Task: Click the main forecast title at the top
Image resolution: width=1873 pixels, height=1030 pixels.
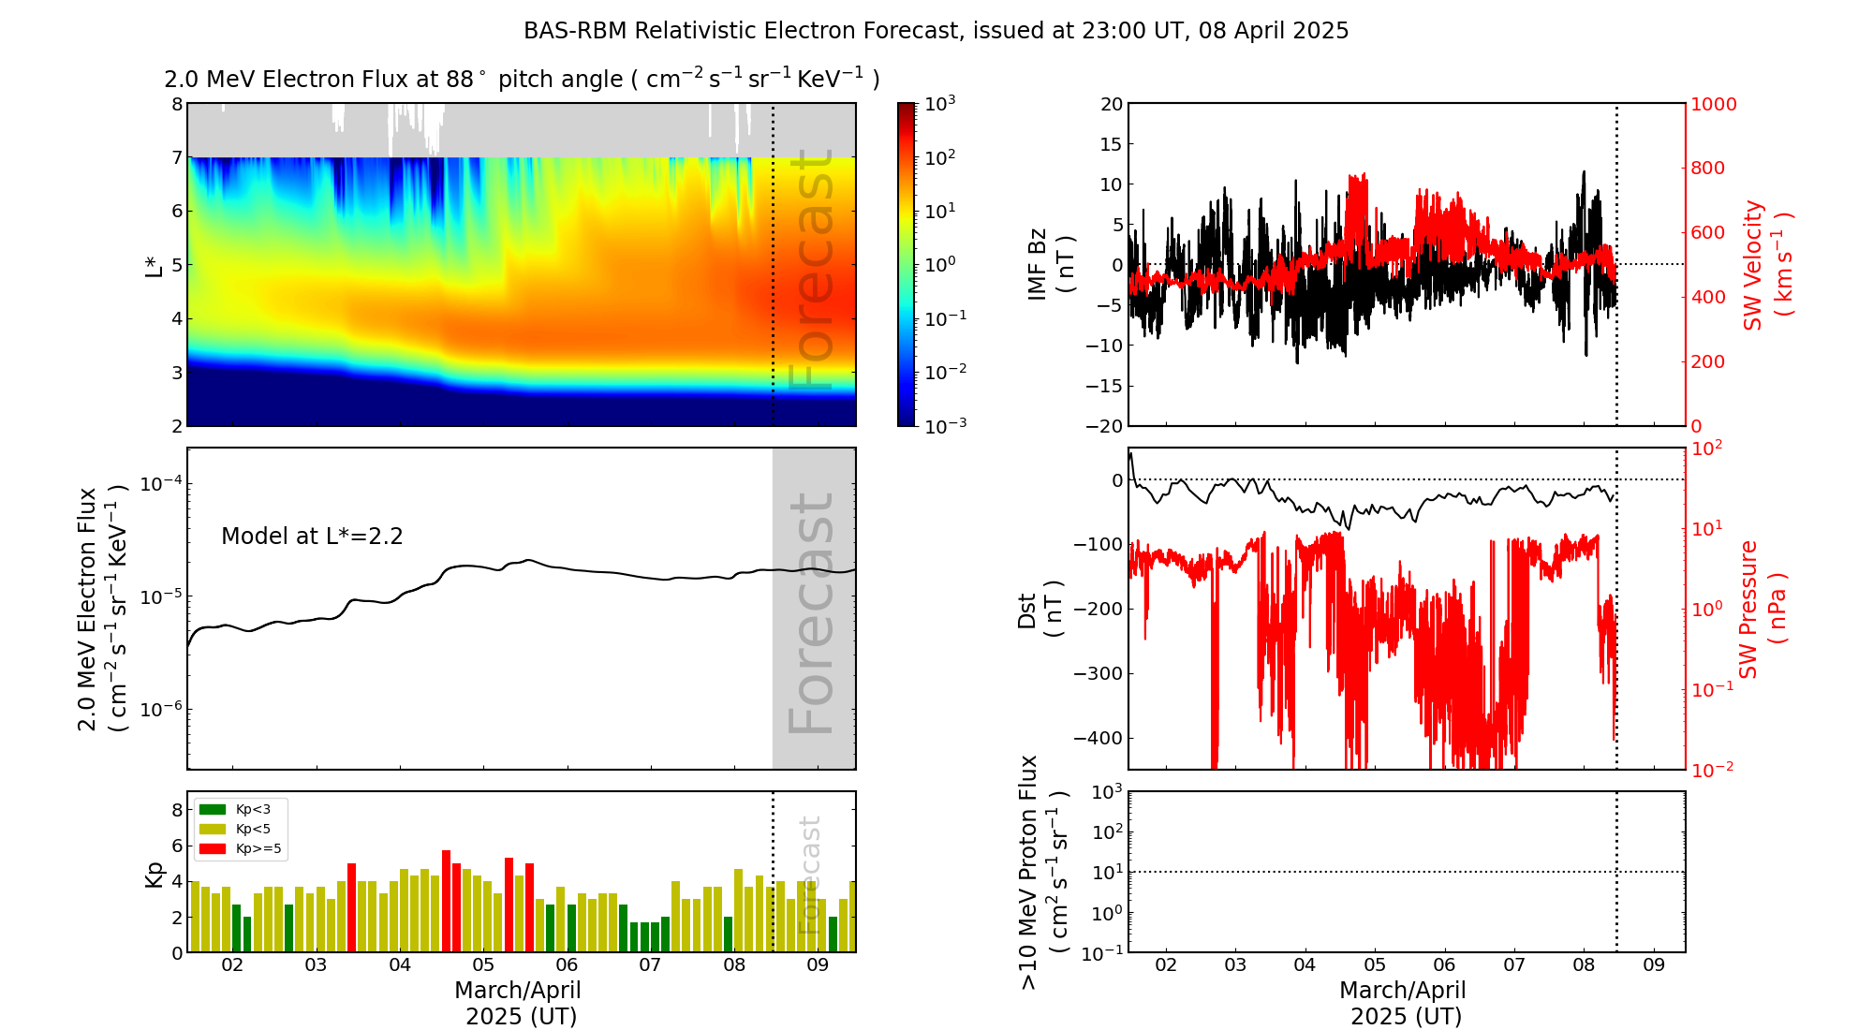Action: pyautogui.click(x=936, y=31)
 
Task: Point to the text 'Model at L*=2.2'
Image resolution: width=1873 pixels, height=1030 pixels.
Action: pyautogui.click(x=312, y=537)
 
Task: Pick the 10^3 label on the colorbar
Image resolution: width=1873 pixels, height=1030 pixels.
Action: pyautogui.click(x=940, y=104)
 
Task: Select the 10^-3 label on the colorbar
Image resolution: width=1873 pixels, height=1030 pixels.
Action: pyautogui.click(x=945, y=426)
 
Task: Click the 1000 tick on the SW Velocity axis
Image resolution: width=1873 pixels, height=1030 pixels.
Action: pyautogui.click(x=1713, y=104)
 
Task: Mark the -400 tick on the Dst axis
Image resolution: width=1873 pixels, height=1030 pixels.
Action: pyautogui.click(x=1098, y=738)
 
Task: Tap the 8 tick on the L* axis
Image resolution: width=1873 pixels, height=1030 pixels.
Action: pyautogui.click(x=177, y=104)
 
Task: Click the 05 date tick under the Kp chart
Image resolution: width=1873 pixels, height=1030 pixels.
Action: pyautogui.click(x=483, y=965)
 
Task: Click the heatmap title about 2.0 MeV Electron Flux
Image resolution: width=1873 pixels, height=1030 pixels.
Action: pyautogui.click(x=522, y=80)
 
